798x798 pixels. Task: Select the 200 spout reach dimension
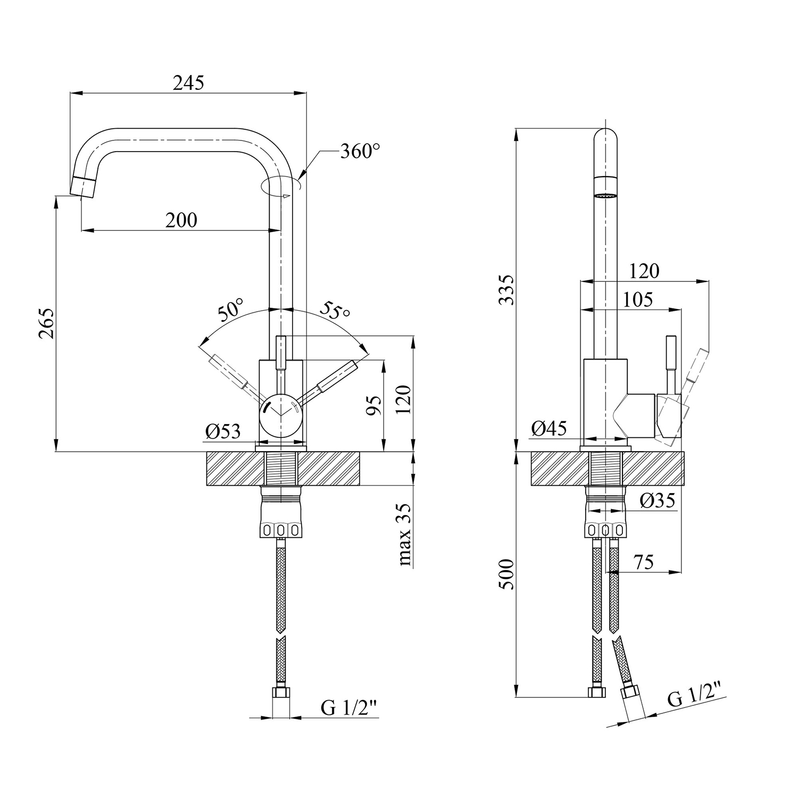click(x=181, y=220)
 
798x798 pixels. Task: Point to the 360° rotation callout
click(x=360, y=152)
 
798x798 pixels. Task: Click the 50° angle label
click(x=230, y=311)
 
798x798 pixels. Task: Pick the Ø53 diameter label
click(x=223, y=431)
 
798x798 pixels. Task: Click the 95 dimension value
click(x=376, y=405)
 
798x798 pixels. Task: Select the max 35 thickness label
click(x=405, y=535)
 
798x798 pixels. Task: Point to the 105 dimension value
click(x=637, y=300)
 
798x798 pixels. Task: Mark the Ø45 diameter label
click(x=548, y=428)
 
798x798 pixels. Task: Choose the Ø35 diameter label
click(x=658, y=501)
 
